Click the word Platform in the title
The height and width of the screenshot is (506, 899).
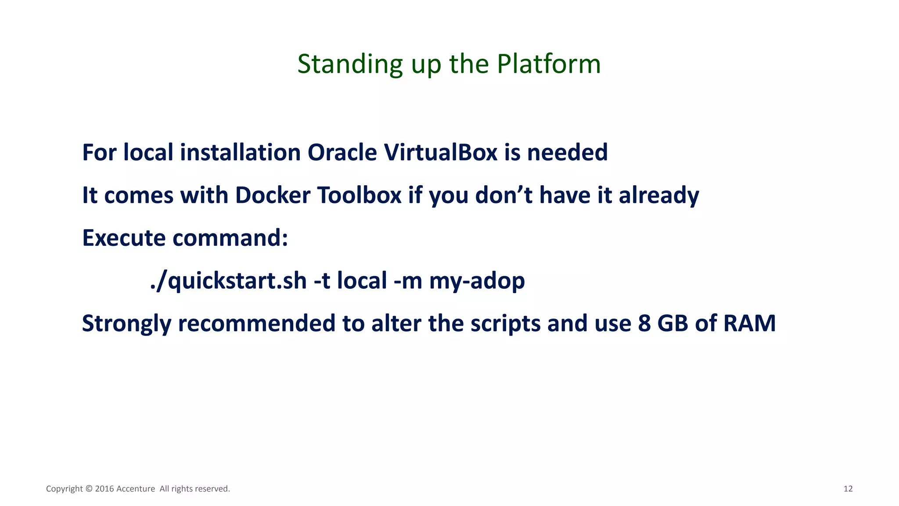549,64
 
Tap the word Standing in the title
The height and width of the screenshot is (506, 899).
350,64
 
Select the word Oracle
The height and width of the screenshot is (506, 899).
342,153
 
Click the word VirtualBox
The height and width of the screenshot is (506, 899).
440,153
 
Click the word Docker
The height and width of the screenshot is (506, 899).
273,195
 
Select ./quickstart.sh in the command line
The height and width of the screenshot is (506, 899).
228,281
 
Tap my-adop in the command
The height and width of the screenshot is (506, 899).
477,281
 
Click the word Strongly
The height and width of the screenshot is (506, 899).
126,324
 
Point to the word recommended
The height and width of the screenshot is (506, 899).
257,324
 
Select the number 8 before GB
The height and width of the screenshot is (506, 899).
644,323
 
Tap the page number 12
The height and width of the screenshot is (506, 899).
848,489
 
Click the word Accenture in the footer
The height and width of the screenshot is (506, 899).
136,489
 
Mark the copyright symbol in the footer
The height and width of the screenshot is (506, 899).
89,489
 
